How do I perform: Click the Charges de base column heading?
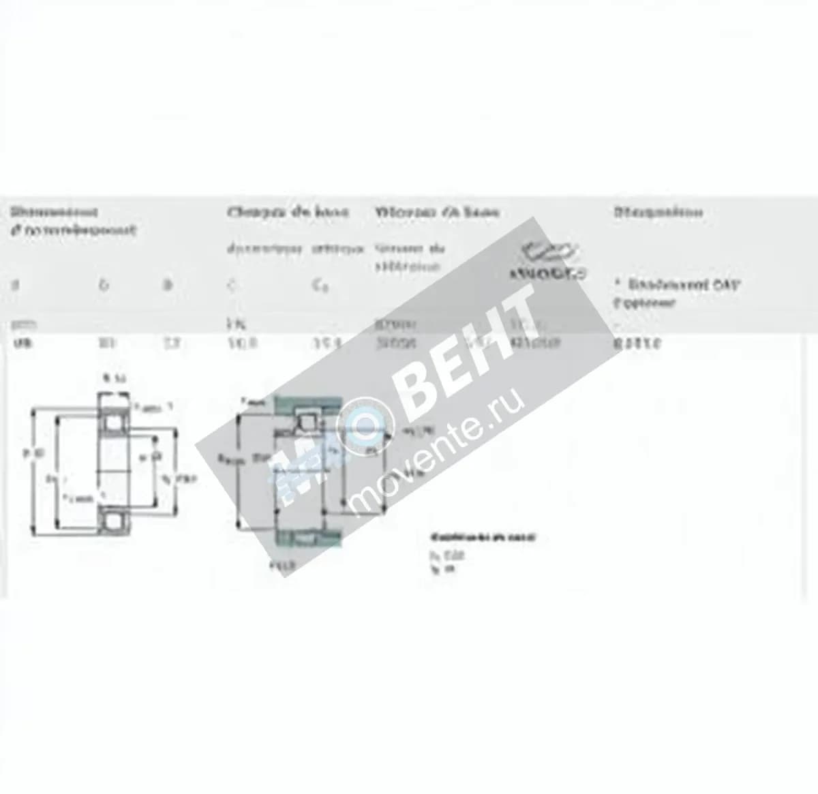pyautogui.click(x=288, y=212)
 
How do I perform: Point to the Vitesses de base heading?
pyautogui.click(x=437, y=212)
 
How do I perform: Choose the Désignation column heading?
pyautogui.click(x=658, y=212)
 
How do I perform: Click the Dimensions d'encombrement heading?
pyautogui.click(x=72, y=221)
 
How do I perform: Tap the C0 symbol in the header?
pyautogui.click(x=320, y=286)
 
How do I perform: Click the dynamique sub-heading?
pyautogui.click(x=264, y=249)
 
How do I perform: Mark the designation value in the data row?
pyautogui.click(x=637, y=343)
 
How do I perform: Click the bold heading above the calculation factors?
pyautogui.click(x=483, y=537)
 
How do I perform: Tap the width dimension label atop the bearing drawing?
pyautogui.click(x=111, y=378)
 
